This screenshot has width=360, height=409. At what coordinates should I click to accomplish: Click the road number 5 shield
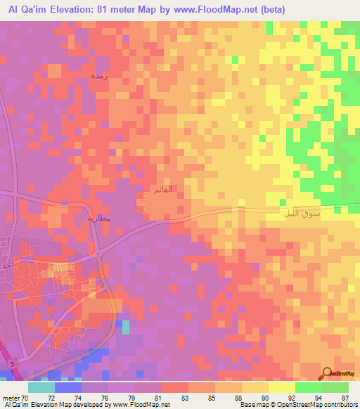pos(12,362)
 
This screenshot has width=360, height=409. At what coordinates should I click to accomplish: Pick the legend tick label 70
pos(25,398)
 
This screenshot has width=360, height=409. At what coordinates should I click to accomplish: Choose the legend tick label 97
pos(345,398)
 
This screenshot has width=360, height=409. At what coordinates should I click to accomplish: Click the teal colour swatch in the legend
pos(41,387)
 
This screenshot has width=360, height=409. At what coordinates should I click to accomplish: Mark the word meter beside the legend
pos(11,398)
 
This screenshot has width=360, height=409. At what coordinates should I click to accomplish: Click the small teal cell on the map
pos(126,326)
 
